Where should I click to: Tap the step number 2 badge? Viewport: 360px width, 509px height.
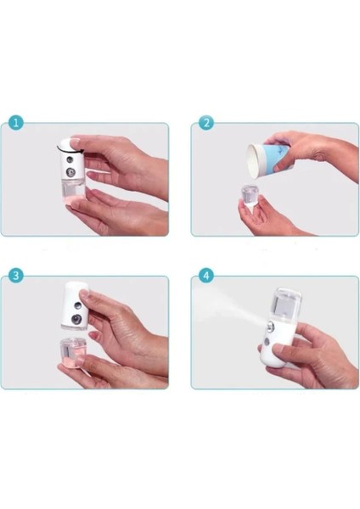pyautogui.click(x=206, y=124)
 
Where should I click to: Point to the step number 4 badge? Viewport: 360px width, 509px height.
pyautogui.click(x=206, y=277)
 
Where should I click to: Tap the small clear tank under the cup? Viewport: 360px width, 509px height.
pyautogui.click(x=250, y=194)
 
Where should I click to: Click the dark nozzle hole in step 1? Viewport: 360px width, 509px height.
pyautogui.click(x=67, y=153)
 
